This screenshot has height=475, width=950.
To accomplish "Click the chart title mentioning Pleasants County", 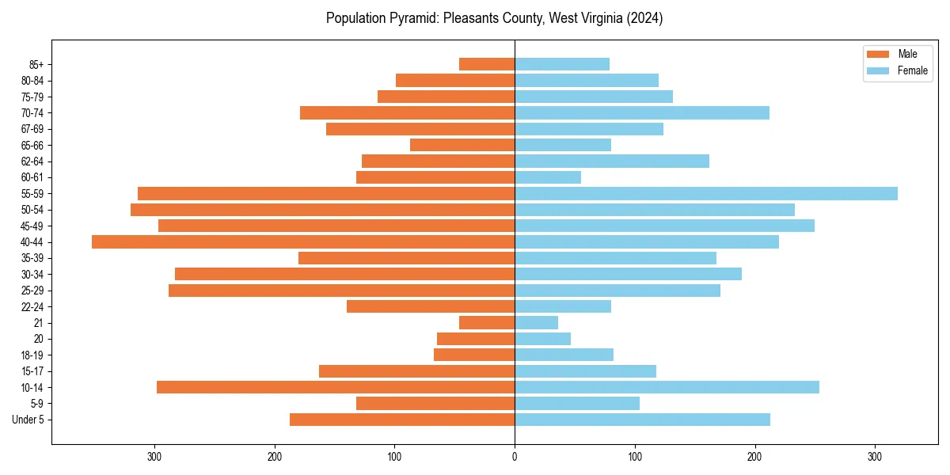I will (495, 18).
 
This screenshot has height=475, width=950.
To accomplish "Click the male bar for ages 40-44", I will (303, 241).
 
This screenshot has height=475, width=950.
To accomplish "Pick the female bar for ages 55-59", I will (706, 193).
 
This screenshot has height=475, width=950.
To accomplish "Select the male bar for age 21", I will (487, 322).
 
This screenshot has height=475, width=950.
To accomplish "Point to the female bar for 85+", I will (562, 64).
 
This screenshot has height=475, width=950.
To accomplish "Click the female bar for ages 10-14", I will (667, 387).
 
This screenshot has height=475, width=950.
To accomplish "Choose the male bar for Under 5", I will (402, 420).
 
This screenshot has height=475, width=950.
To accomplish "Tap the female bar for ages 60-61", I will (548, 177).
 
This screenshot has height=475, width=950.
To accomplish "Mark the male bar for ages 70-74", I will (407, 112).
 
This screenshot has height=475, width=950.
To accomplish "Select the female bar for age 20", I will (542, 339).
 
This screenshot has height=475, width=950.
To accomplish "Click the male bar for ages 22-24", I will (431, 306).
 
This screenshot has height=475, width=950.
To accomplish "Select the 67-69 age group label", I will (32, 129).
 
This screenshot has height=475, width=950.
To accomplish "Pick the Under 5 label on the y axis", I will (28, 420).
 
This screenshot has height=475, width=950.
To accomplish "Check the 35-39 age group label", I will (32, 258).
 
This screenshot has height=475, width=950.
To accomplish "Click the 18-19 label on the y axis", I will (32, 355).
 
